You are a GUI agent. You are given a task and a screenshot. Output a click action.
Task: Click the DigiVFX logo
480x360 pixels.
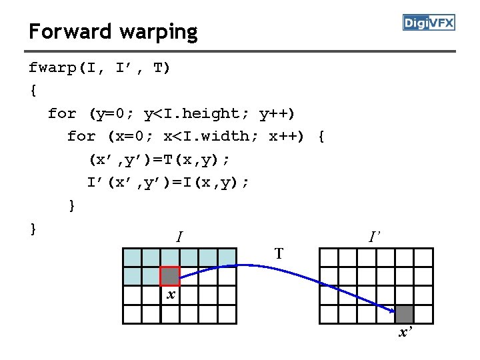[429, 23]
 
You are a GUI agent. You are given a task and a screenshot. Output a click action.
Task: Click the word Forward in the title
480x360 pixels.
[70, 31]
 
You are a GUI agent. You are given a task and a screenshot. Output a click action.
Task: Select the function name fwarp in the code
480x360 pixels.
[53, 68]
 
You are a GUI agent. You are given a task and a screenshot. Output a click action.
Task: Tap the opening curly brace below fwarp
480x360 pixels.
[33, 91]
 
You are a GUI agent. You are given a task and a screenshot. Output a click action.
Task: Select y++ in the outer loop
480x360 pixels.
[277, 113]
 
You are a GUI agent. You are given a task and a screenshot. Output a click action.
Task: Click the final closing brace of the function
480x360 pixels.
[33, 228]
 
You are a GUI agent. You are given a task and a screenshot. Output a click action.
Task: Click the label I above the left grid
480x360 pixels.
[179, 236]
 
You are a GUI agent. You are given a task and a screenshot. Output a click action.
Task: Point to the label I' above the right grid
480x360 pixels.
[375, 236]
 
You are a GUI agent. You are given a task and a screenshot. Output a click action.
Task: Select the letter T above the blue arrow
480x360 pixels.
[279, 253]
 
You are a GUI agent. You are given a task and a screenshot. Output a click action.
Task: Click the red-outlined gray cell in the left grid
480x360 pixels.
[170, 276]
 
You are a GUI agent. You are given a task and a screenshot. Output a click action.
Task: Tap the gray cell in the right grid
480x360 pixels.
[404, 313]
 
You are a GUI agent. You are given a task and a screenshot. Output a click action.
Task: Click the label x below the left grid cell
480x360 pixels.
[171, 294]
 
